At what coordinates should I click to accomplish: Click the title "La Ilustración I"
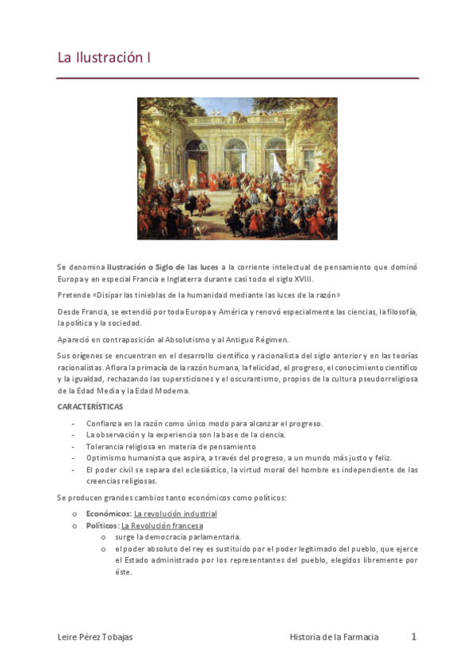tap(104, 58)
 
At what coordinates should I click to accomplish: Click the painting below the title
tap(237, 168)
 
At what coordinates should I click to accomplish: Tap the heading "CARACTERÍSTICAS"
tap(90, 407)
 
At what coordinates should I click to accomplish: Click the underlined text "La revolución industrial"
tap(175, 514)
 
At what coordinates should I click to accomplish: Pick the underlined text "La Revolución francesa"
tap(162, 525)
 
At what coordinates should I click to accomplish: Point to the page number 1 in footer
tap(413, 636)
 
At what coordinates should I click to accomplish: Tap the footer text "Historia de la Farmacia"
tap(334, 637)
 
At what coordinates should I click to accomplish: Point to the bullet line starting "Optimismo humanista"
tap(238, 458)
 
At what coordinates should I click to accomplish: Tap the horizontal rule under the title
tap(237, 78)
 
